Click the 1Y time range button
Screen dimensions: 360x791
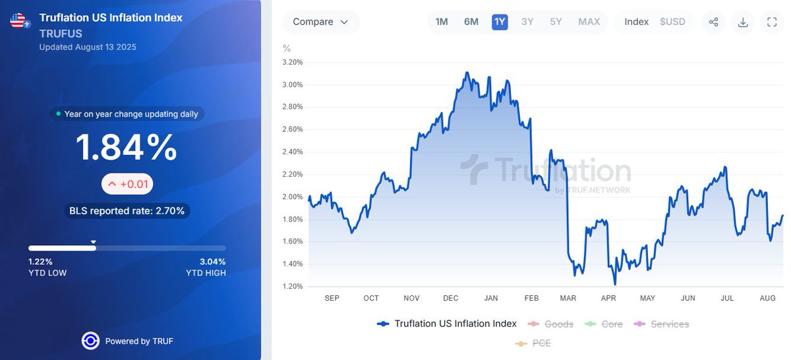[500, 22]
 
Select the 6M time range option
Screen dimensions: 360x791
[471, 22]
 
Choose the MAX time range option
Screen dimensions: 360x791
[589, 22]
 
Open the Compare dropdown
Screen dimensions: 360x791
[321, 22]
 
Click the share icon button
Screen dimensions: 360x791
[713, 22]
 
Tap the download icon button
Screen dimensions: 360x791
[743, 22]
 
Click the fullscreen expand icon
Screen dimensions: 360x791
[772, 22]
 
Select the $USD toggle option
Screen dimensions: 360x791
[672, 22]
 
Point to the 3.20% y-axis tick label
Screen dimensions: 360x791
[292, 62]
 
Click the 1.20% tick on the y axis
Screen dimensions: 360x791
[292, 286]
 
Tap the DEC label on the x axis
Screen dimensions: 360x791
[451, 299]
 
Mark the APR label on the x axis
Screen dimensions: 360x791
[608, 299]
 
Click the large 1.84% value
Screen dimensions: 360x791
[127, 148]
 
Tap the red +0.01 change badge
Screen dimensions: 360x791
[127, 184]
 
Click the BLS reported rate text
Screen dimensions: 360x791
[127, 211]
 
